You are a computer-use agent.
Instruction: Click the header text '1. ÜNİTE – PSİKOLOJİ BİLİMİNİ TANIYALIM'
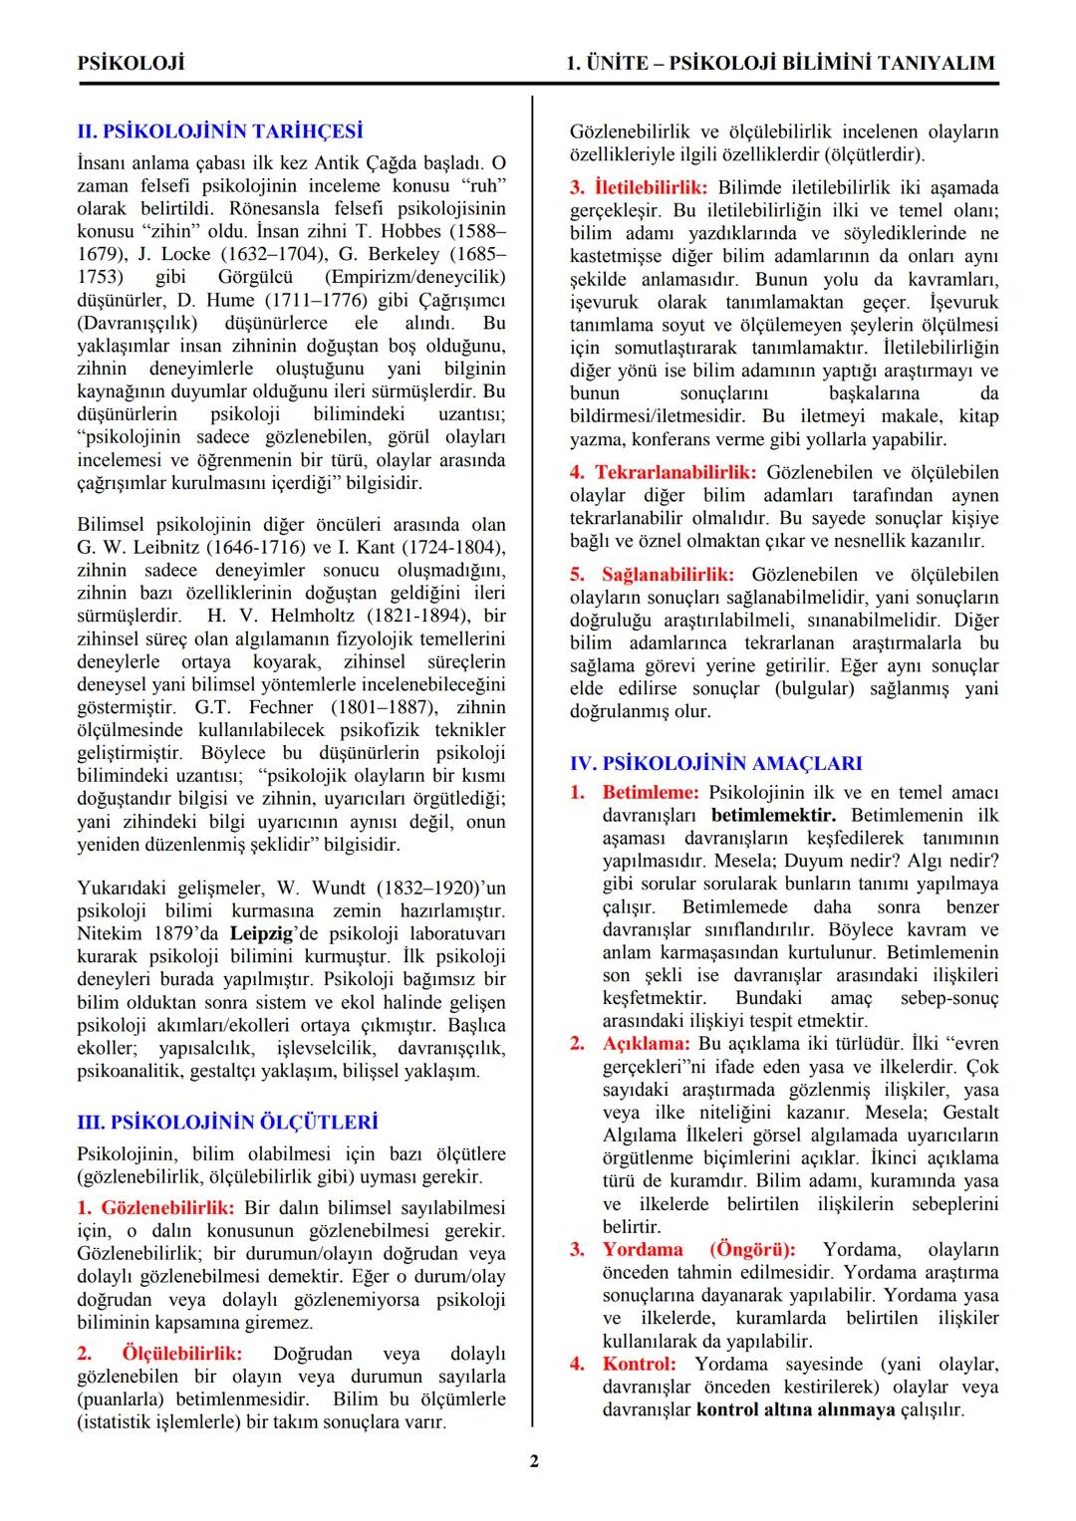[x=780, y=63]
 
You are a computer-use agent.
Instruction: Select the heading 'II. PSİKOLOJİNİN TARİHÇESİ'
[x=220, y=131]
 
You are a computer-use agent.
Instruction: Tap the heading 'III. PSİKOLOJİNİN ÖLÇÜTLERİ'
[x=227, y=1122]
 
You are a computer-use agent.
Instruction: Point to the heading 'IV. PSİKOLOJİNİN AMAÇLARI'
[x=715, y=763]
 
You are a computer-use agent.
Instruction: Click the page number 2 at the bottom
[x=534, y=1461]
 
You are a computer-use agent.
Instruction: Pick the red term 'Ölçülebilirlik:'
[x=182, y=1354]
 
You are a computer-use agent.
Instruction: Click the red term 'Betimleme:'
[x=651, y=792]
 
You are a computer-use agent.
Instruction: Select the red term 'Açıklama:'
[x=646, y=1043]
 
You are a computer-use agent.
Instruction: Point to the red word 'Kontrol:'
[x=639, y=1364]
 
